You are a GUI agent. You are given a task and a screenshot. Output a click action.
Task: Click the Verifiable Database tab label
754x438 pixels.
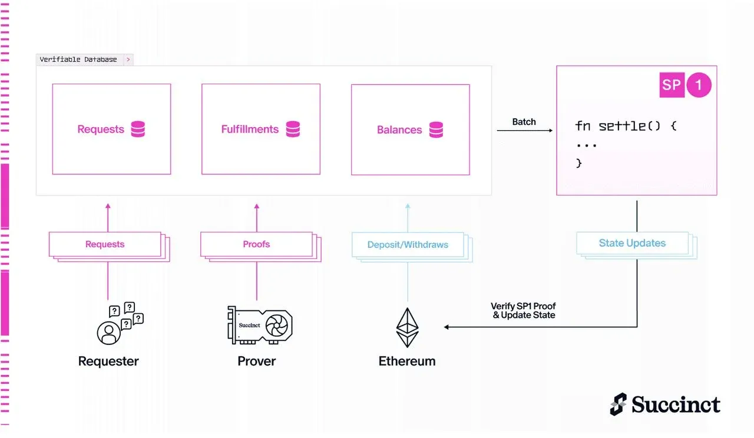pyautogui.click(x=78, y=59)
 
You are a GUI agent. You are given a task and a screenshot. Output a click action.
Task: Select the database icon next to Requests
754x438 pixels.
pyautogui.click(x=138, y=129)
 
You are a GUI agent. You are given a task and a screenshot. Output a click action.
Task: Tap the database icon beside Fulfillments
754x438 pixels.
pyautogui.click(x=293, y=129)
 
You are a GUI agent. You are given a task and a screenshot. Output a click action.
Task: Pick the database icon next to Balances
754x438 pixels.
pyautogui.click(x=436, y=130)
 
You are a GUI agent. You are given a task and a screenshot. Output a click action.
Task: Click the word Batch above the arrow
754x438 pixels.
pyautogui.click(x=524, y=122)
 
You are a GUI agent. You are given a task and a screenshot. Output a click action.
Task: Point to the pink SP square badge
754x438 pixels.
pyautogui.click(x=672, y=85)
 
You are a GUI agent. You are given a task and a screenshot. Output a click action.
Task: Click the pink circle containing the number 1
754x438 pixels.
pyautogui.click(x=699, y=85)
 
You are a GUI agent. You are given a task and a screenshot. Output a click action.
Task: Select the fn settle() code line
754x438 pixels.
pyautogui.click(x=626, y=126)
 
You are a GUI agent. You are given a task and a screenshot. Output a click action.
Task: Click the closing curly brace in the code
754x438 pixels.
pyautogui.click(x=578, y=163)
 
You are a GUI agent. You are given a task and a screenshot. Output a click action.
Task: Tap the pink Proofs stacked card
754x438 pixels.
pyautogui.click(x=256, y=244)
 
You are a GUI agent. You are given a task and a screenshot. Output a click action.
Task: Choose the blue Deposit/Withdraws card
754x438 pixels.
pyautogui.click(x=408, y=244)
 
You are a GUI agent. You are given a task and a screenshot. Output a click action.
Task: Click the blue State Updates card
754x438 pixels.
pyautogui.click(x=632, y=243)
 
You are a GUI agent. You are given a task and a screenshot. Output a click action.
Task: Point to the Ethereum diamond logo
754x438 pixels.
pyautogui.click(x=407, y=328)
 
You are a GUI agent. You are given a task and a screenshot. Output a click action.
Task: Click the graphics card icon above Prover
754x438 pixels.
pyautogui.click(x=260, y=326)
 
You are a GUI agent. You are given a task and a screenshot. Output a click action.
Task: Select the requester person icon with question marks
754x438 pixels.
pyautogui.click(x=120, y=324)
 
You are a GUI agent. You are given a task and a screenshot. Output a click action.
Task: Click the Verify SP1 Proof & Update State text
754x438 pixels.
pyautogui.click(x=523, y=311)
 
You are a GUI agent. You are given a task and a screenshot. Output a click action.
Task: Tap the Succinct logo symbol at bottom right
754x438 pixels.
pyautogui.click(x=618, y=404)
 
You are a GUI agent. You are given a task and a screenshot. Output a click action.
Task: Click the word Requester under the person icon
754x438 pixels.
pyautogui.click(x=108, y=361)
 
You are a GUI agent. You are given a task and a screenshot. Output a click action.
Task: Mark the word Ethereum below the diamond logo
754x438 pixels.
pyautogui.click(x=407, y=361)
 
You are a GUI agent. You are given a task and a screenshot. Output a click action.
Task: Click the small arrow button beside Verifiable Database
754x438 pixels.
pyautogui.click(x=128, y=59)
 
